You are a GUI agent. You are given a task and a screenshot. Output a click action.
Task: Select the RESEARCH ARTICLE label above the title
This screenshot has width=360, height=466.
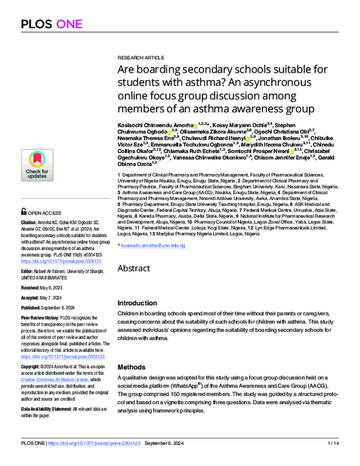[142, 58]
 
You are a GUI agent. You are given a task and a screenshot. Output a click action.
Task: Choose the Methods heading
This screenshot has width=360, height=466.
[131, 366]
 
